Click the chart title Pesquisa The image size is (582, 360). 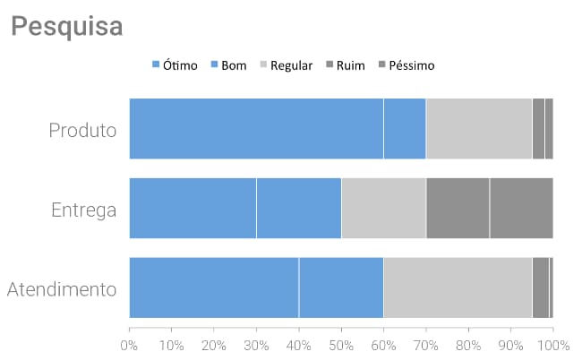(x=67, y=26)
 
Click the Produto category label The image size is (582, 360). (x=82, y=130)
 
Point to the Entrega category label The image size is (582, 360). (x=84, y=210)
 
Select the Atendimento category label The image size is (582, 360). (x=62, y=289)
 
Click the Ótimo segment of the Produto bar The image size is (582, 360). (x=256, y=129)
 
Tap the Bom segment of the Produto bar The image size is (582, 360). (x=405, y=129)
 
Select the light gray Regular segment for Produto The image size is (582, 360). (x=479, y=129)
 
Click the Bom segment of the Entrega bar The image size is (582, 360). (x=299, y=208)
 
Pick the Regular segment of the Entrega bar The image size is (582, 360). (x=383, y=208)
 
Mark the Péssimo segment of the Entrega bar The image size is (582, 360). (x=521, y=208)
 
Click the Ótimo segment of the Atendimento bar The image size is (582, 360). (x=214, y=287)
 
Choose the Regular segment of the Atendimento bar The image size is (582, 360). (x=458, y=287)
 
